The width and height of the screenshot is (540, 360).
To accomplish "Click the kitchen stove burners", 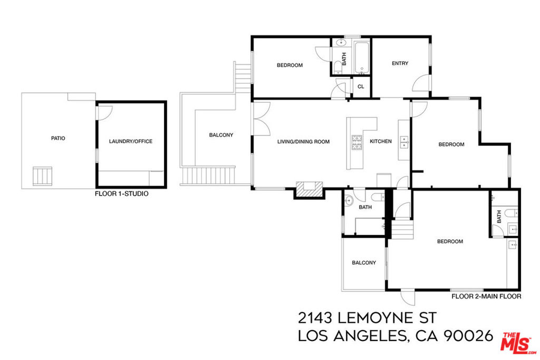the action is (357, 142).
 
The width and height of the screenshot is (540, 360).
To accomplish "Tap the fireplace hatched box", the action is (309, 189).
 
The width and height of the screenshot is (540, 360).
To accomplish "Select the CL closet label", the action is (361, 87).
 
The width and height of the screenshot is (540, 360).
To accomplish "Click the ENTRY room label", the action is (400, 63).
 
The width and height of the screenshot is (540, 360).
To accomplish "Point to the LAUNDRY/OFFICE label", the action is (131, 141).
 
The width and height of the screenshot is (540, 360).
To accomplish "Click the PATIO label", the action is (58, 138).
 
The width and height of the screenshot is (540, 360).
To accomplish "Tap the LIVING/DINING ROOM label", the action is (303, 141).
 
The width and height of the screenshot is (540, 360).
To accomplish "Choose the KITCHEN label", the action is (381, 141).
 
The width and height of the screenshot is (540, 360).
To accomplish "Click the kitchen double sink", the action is (404, 142).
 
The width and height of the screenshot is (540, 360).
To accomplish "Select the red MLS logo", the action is (518, 343).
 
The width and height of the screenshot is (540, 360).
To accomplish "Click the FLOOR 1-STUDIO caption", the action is (122, 194).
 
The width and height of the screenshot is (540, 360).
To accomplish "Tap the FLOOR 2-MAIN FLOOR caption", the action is (486, 296).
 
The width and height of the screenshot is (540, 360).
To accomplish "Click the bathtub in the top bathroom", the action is (362, 57).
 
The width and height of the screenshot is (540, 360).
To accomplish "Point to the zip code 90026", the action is (468, 336).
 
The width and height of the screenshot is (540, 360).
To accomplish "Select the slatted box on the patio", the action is (42, 176).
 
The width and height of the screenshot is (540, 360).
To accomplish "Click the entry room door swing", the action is (421, 83).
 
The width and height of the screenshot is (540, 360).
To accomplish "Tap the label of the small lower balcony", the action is (364, 262).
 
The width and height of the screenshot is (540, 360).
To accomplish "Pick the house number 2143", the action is (315, 318).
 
